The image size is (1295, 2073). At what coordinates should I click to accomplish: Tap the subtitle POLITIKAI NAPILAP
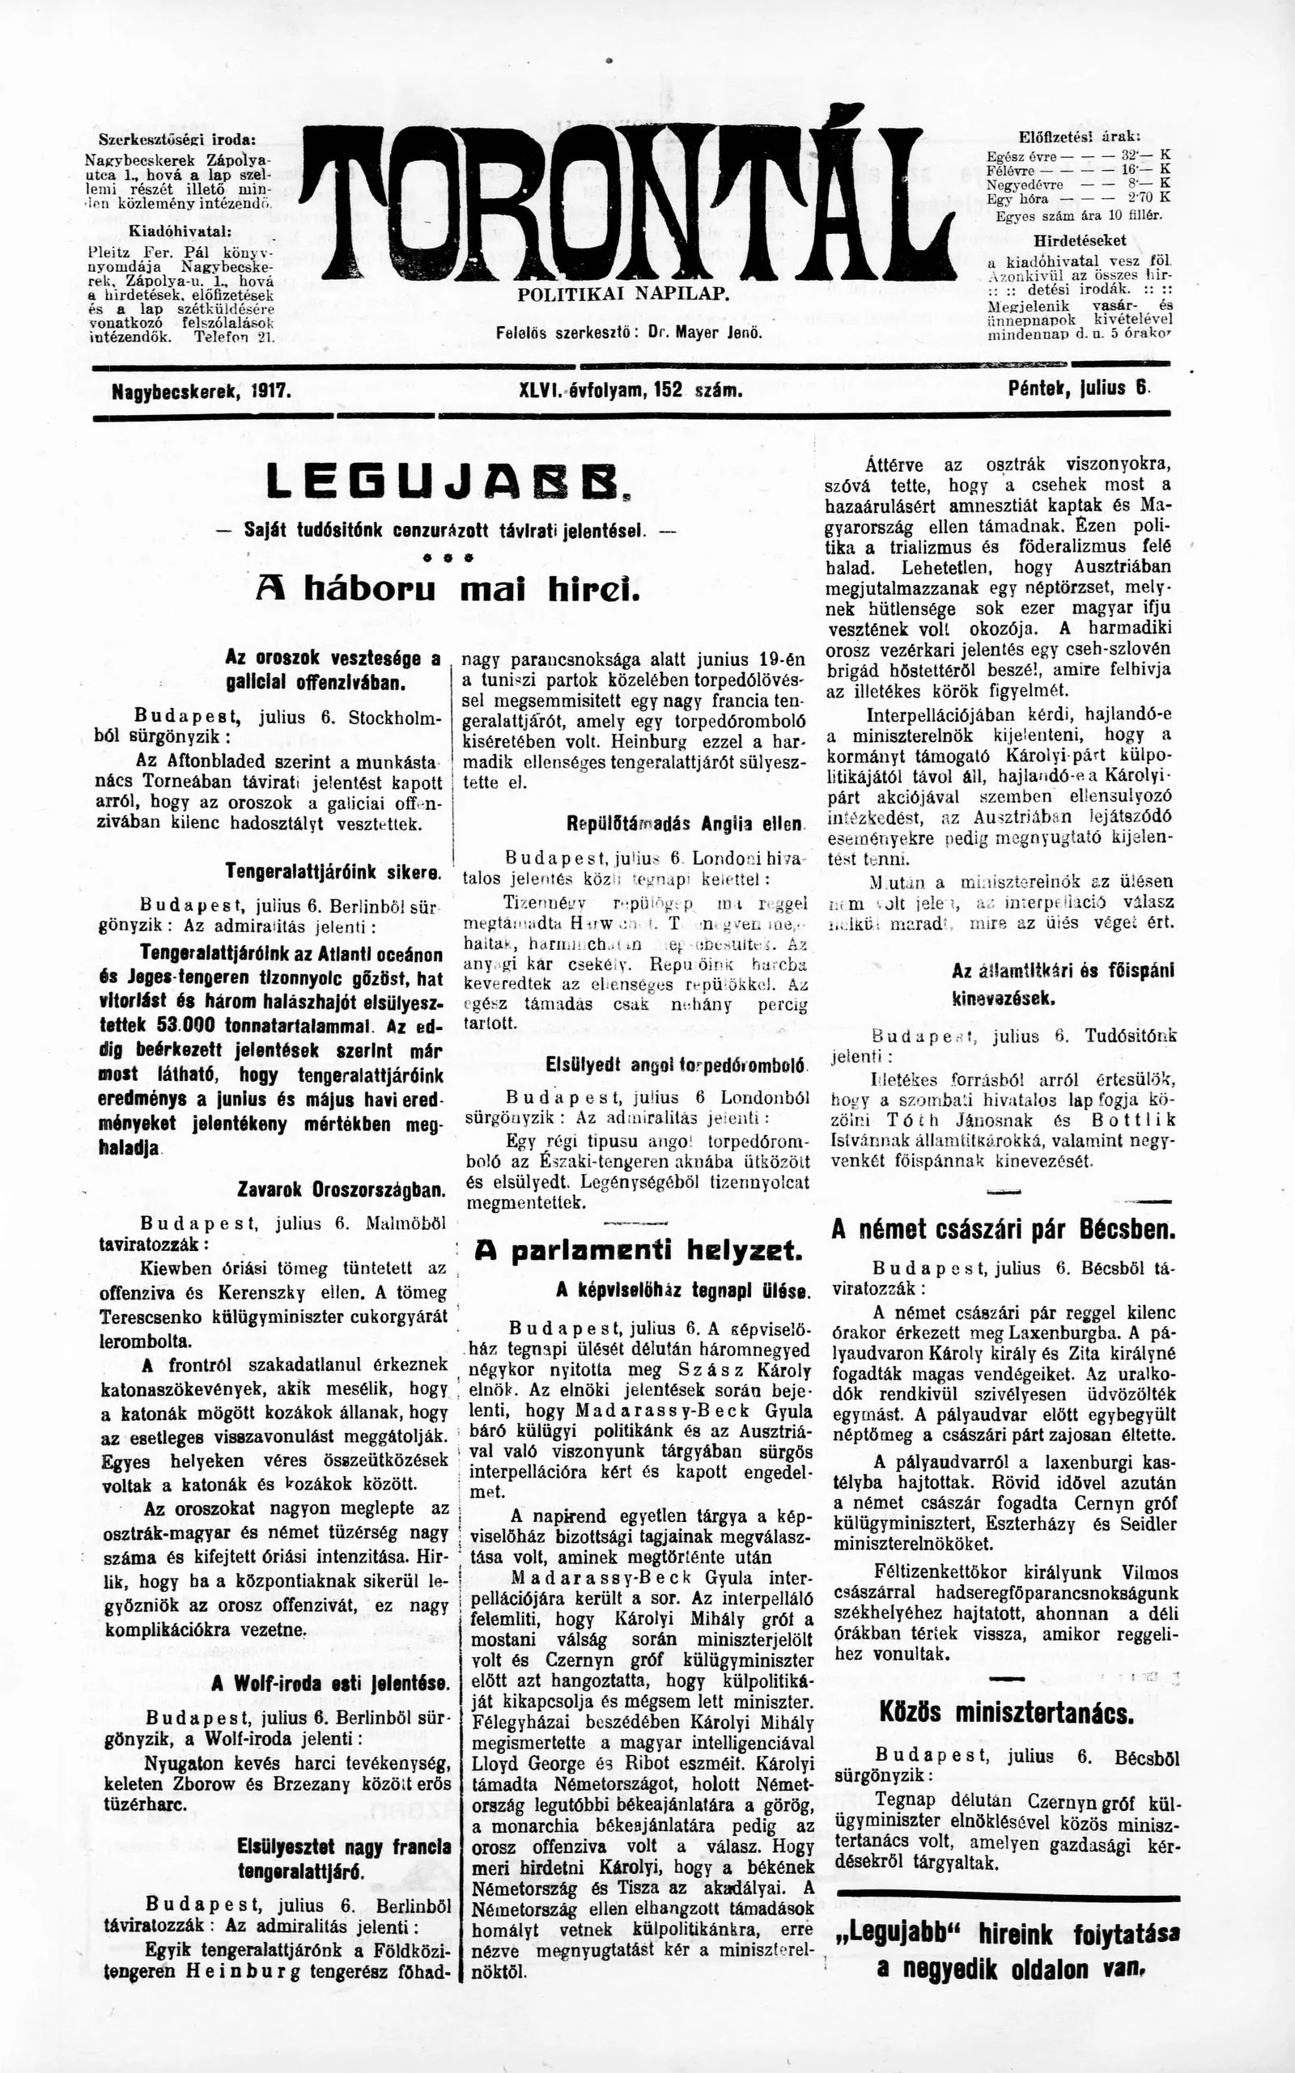tap(622, 295)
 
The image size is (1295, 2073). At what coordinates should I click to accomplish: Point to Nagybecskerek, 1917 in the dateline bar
tap(202, 392)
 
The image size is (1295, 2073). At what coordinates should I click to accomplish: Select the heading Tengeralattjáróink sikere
tap(333, 872)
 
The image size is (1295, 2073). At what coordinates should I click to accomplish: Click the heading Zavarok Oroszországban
tap(341, 1189)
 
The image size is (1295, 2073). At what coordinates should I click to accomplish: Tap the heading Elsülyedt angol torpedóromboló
tap(675, 1065)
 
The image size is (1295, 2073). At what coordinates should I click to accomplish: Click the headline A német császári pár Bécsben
tap(1002, 1230)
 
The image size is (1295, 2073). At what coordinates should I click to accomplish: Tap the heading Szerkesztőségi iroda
tap(177, 141)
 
